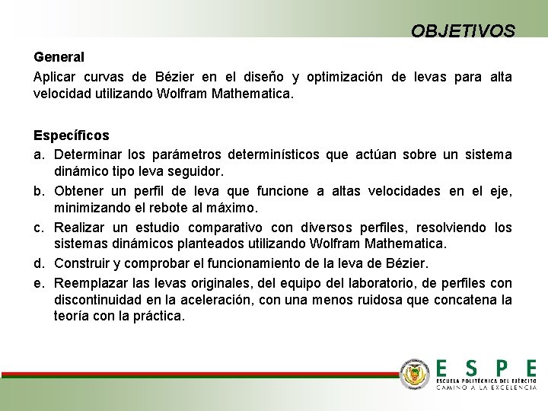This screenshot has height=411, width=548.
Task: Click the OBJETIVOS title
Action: point(463,30)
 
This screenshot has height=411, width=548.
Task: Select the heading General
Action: point(59,57)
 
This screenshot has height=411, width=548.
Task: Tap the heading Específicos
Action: point(72,135)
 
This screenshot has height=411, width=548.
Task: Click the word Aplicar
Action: point(55,77)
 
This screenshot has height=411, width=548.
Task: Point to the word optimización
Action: point(345,77)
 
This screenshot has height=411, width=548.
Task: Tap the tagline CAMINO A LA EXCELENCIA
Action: point(486,387)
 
